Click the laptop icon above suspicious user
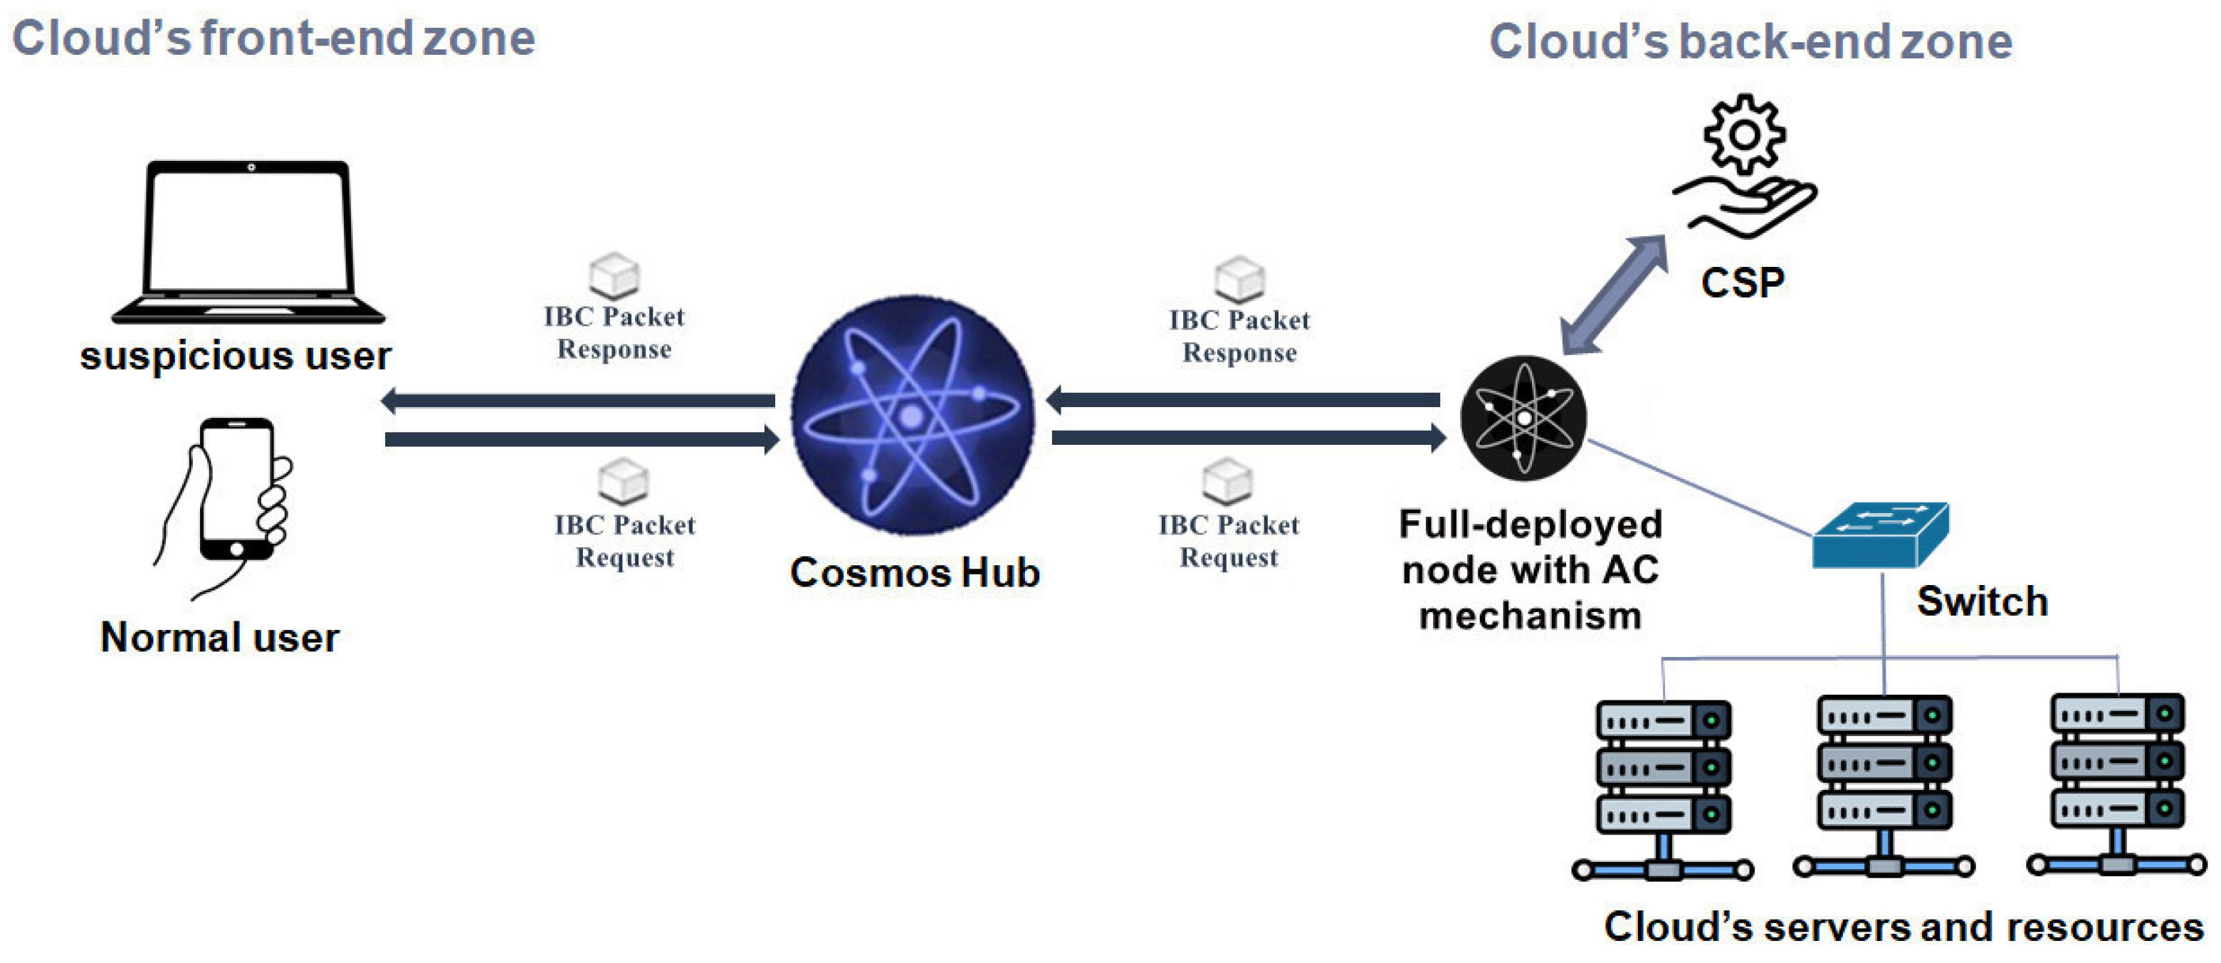coord(248,241)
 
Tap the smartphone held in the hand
coord(236,489)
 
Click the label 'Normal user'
coord(220,638)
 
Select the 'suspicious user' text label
coord(236,355)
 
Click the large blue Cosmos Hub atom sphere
coord(912,416)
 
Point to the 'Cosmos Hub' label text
coord(915,572)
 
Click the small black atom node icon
coord(1523,418)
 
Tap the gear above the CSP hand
coord(1744,135)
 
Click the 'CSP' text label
coord(1743,283)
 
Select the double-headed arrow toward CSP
coord(1613,294)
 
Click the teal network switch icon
coord(1879,536)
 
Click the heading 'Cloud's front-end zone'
coord(273,39)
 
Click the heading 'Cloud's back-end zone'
coord(1750,41)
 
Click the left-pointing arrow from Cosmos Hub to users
coord(577,400)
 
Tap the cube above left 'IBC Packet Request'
coord(624,481)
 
